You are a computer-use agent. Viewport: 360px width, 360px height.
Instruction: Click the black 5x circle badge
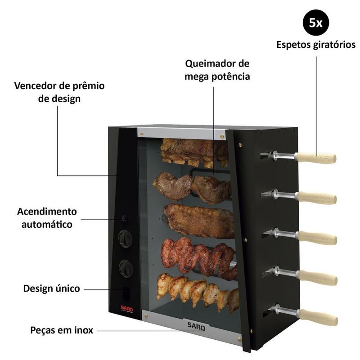pyautogui.click(x=315, y=23)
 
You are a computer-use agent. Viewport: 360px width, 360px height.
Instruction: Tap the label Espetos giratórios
pyautogui.click(x=315, y=45)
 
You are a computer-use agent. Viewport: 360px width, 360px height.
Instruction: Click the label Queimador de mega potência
pyautogui.click(x=217, y=70)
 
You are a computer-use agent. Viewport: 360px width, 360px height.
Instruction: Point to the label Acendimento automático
pyautogui.click(x=47, y=217)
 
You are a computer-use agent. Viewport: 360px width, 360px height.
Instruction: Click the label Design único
pyautogui.click(x=52, y=288)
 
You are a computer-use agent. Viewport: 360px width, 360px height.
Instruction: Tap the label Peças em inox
pyautogui.click(x=62, y=330)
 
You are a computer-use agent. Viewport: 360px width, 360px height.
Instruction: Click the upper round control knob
pyautogui.click(x=125, y=238)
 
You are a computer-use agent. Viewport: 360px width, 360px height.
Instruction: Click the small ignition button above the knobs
pyautogui.click(x=125, y=219)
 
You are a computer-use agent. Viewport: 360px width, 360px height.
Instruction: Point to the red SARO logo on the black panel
pyautogui.click(x=126, y=309)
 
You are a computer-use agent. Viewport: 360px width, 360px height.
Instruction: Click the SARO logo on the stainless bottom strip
pyautogui.click(x=196, y=326)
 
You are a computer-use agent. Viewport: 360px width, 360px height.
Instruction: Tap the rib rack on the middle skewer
pyautogui.click(x=198, y=220)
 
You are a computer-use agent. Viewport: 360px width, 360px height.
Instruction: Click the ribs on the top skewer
pyautogui.click(x=194, y=151)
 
